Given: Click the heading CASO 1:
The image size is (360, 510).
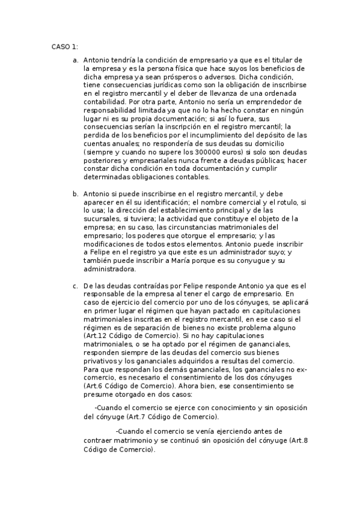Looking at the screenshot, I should coord(64,46).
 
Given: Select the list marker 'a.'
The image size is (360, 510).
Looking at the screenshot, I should coord(75,61).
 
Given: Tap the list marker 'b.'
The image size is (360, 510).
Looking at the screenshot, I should coord(75,194).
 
